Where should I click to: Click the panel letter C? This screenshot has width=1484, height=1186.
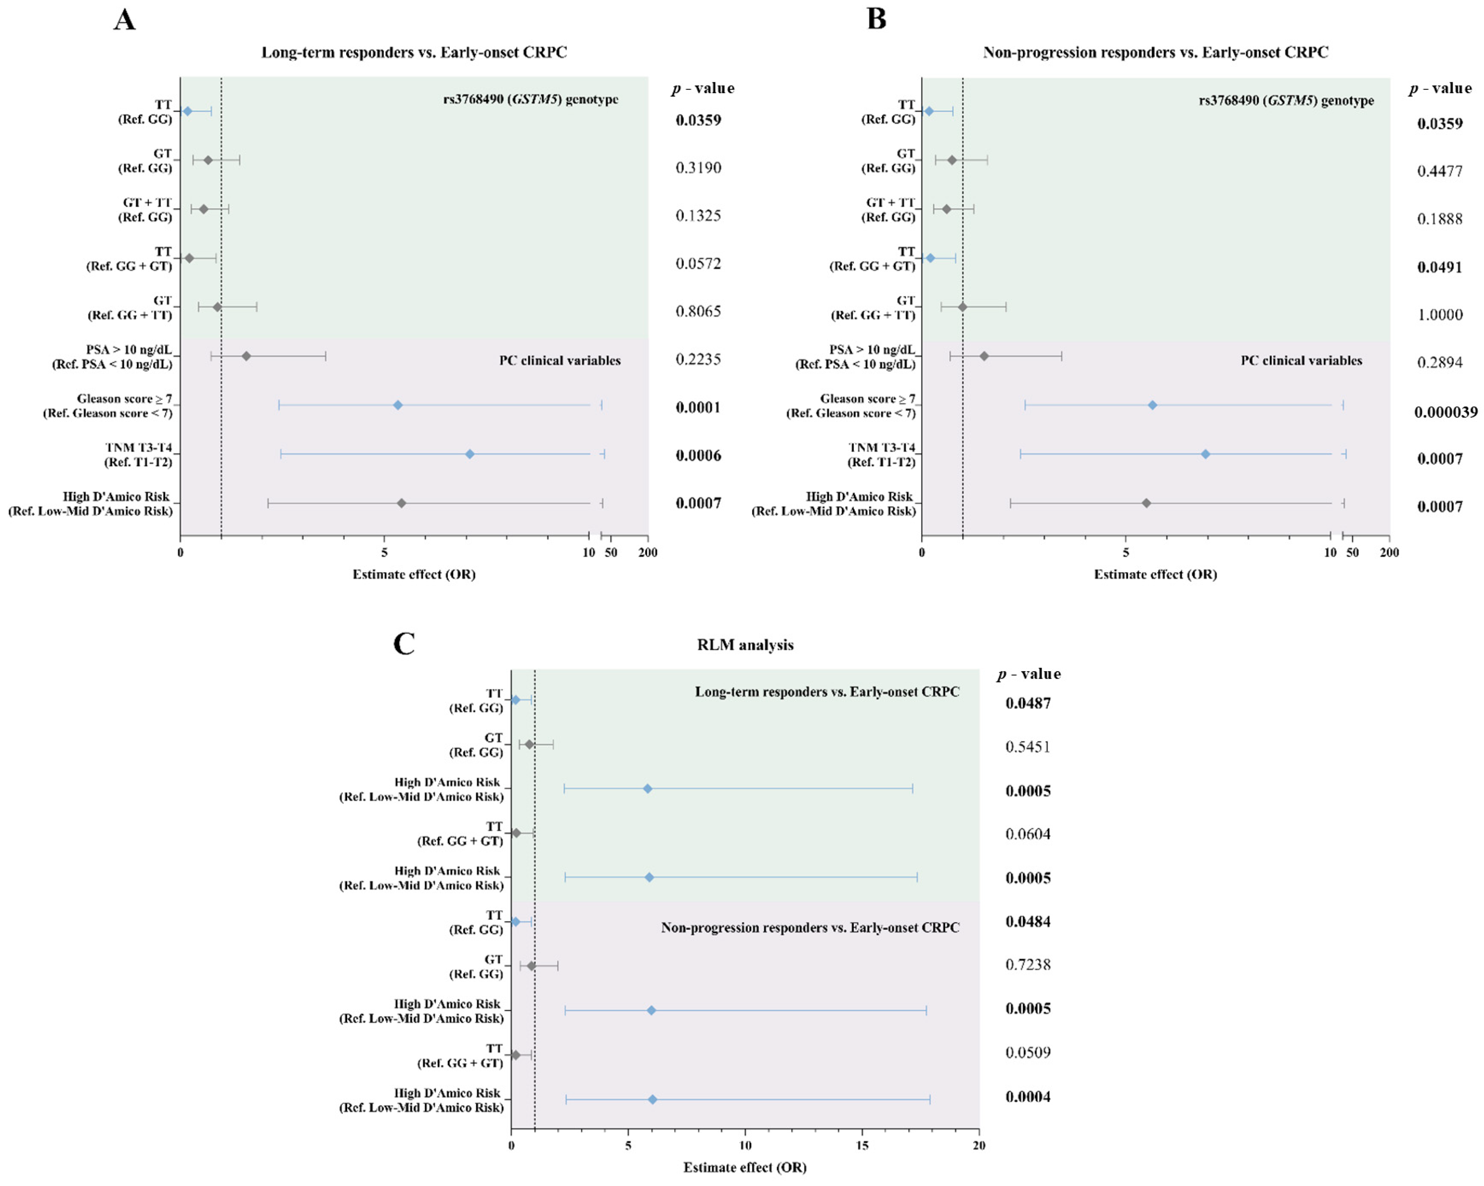coord(404,643)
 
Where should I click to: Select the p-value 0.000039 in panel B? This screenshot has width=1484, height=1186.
coord(1445,412)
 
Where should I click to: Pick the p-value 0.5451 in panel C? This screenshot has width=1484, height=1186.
coord(1028,747)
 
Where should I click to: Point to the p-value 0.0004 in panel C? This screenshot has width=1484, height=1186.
coord(1028,1096)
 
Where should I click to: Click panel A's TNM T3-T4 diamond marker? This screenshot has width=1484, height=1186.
coord(469,454)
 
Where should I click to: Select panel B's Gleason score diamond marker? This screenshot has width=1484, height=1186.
coord(1152,405)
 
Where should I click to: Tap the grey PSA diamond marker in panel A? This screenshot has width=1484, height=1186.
coord(246,356)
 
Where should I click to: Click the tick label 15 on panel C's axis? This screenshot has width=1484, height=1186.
coord(862,1145)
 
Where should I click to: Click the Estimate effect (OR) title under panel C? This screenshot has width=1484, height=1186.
coord(745,1168)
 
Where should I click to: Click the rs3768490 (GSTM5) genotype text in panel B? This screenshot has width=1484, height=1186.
coord(1286,100)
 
